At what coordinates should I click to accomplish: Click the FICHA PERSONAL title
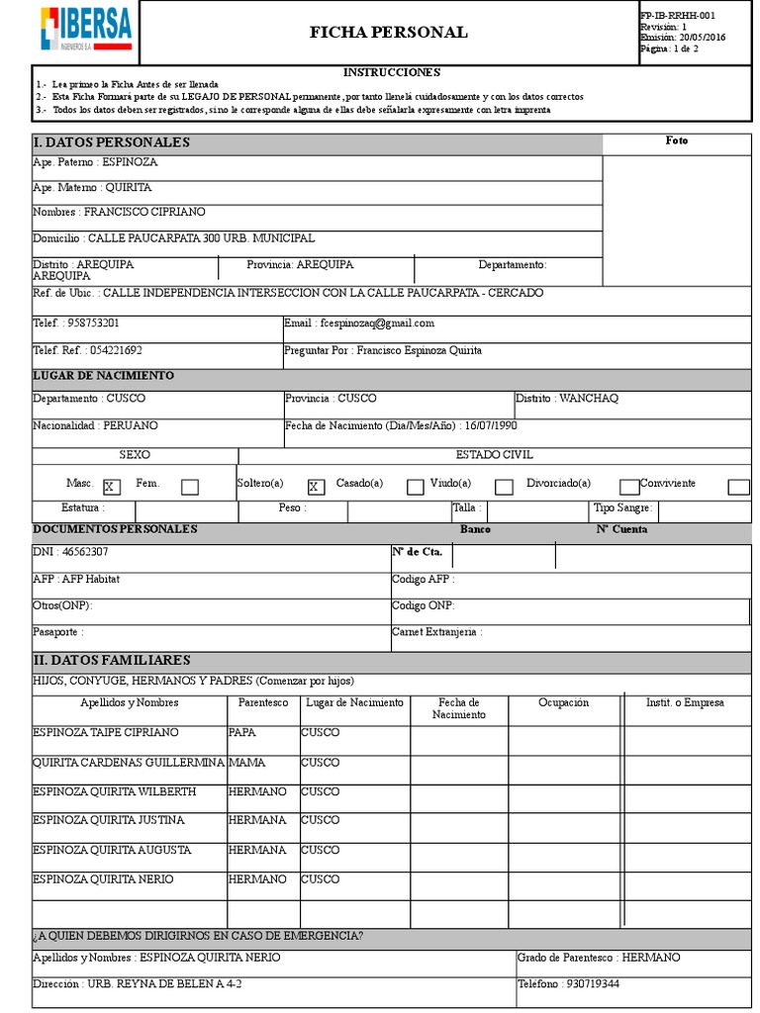point(388,33)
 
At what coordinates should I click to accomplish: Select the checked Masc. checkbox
point(111,486)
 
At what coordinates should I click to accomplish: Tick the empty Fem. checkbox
point(190,486)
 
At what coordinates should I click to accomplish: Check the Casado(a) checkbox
point(416,486)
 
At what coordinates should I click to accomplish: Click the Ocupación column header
point(563,702)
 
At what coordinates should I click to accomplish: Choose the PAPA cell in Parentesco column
point(243,732)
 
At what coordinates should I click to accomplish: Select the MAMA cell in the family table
point(246,763)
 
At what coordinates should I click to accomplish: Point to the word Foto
point(677,140)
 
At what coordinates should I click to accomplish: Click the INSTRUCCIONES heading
point(391,72)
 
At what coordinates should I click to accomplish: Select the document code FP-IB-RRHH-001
point(678,16)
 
